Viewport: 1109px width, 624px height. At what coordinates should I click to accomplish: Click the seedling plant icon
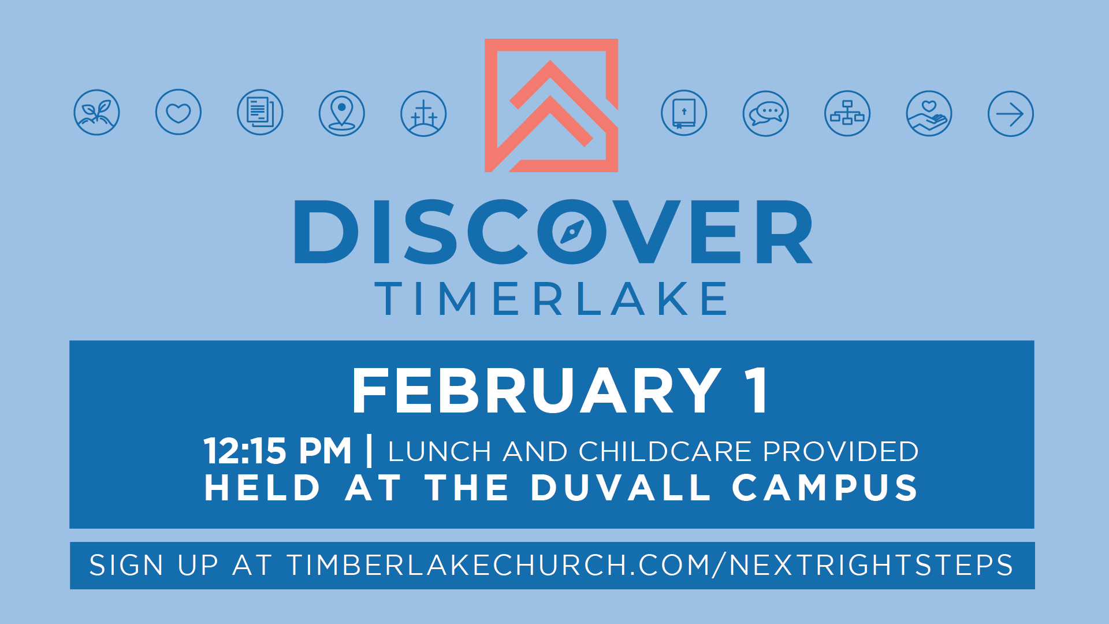pos(96,112)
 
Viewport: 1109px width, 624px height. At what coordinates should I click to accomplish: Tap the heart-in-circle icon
pos(178,112)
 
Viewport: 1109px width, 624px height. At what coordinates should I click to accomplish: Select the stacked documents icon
pos(260,112)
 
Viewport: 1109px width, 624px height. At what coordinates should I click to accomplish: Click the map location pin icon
pos(342,113)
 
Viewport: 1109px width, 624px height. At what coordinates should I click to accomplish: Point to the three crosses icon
pos(423,113)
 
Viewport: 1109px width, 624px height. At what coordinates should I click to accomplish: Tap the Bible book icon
pos(684,113)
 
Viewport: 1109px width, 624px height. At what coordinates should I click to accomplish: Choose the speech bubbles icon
pos(766,113)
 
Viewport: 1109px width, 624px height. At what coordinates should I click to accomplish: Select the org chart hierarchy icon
pos(847,113)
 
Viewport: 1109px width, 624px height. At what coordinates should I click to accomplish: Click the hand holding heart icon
pos(929,113)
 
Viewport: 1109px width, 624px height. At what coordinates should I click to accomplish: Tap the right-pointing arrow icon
pos(1011,113)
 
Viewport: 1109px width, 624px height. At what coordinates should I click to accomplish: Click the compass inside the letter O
pos(572,232)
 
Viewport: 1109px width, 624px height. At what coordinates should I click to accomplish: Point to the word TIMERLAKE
pos(552,298)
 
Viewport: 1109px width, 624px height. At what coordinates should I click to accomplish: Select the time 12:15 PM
pos(278,451)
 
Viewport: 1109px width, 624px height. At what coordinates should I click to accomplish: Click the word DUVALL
pos(620,488)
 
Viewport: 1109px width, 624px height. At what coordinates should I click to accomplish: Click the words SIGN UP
pos(154,565)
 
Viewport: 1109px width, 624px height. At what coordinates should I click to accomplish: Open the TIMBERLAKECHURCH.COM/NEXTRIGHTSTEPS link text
pos(650,565)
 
